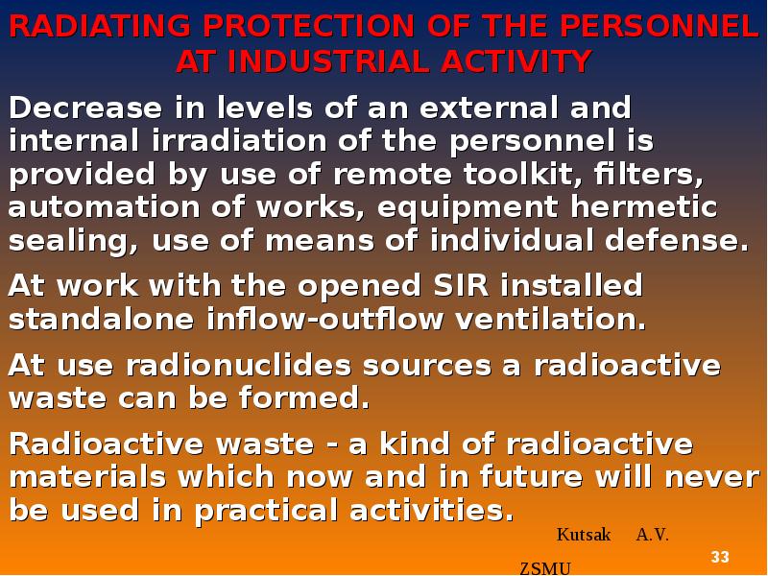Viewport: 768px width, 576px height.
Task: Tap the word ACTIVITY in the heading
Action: click(x=516, y=61)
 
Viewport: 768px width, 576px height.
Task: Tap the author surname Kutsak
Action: click(x=584, y=536)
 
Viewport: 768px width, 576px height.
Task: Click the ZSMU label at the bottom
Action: click(x=545, y=568)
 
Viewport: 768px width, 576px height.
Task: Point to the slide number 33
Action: click(x=720, y=558)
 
